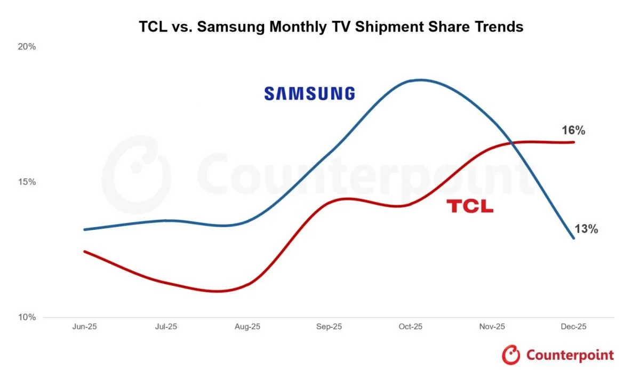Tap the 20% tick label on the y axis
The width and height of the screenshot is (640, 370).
tap(27, 46)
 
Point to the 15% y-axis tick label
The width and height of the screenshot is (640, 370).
tap(27, 182)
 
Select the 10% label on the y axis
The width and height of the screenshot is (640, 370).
tap(27, 317)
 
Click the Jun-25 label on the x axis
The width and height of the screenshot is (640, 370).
tap(84, 327)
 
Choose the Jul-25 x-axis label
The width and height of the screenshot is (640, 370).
tap(166, 327)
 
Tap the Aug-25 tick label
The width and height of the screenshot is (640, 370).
tap(248, 327)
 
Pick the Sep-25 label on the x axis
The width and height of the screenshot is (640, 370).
tap(330, 327)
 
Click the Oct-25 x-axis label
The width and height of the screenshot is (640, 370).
tap(411, 327)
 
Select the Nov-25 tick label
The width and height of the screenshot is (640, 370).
tap(492, 327)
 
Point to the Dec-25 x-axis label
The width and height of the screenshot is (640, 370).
tap(574, 327)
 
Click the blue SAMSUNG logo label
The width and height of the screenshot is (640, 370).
tap(309, 94)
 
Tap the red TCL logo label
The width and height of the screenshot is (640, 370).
tap(470, 206)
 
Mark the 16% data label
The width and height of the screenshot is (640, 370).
tap(573, 130)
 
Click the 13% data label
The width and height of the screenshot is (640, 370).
tap(586, 229)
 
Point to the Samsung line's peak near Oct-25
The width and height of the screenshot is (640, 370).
tap(421, 80)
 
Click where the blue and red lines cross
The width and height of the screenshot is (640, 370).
tap(512, 142)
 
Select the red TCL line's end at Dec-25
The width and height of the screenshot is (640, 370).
tap(574, 142)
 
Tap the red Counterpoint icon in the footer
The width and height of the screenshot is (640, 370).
tap(511, 355)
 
